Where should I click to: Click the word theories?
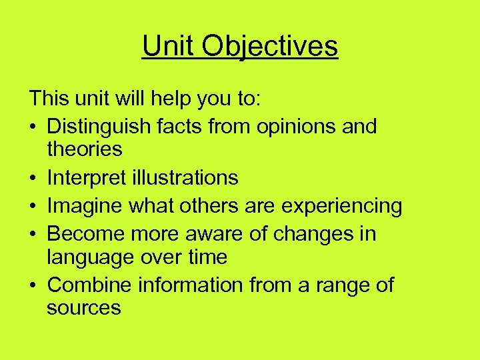click(x=85, y=149)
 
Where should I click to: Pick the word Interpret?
click(x=85, y=177)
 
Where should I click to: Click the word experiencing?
click(x=342, y=206)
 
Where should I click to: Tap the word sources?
click(x=84, y=308)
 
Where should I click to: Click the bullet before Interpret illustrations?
click(x=33, y=178)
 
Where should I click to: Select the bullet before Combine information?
click(x=33, y=286)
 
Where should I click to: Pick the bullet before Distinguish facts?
click(x=33, y=127)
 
